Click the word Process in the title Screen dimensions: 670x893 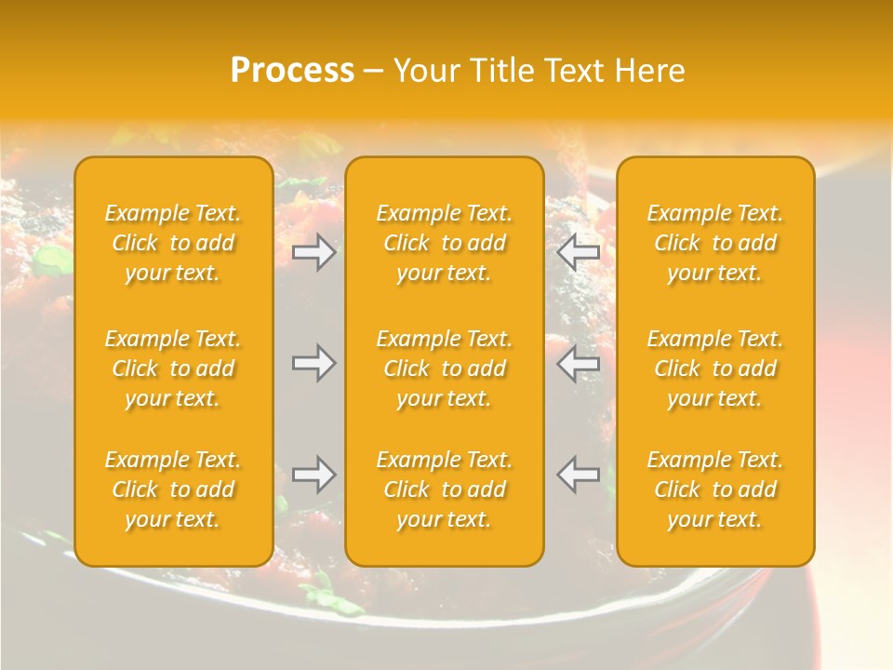pos(292,71)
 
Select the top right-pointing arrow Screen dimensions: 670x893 pos(313,252)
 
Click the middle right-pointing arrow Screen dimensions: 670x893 pos(313,363)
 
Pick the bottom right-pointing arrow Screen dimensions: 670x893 pos(313,475)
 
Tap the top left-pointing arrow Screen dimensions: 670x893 pos(579,252)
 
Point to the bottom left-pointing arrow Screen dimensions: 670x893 pos(579,475)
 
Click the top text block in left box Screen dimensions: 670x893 pos(173,243)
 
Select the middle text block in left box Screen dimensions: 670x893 pos(173,368)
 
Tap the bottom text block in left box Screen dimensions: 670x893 pos(173,489)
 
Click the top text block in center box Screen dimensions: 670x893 pos(445,243)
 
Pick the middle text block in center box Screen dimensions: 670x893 pos(445,368)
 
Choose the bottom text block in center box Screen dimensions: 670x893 pos(445,489)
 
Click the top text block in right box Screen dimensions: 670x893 pos(715,243)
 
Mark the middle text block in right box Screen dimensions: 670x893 pos(715,368)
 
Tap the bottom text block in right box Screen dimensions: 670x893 pos(715,489)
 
